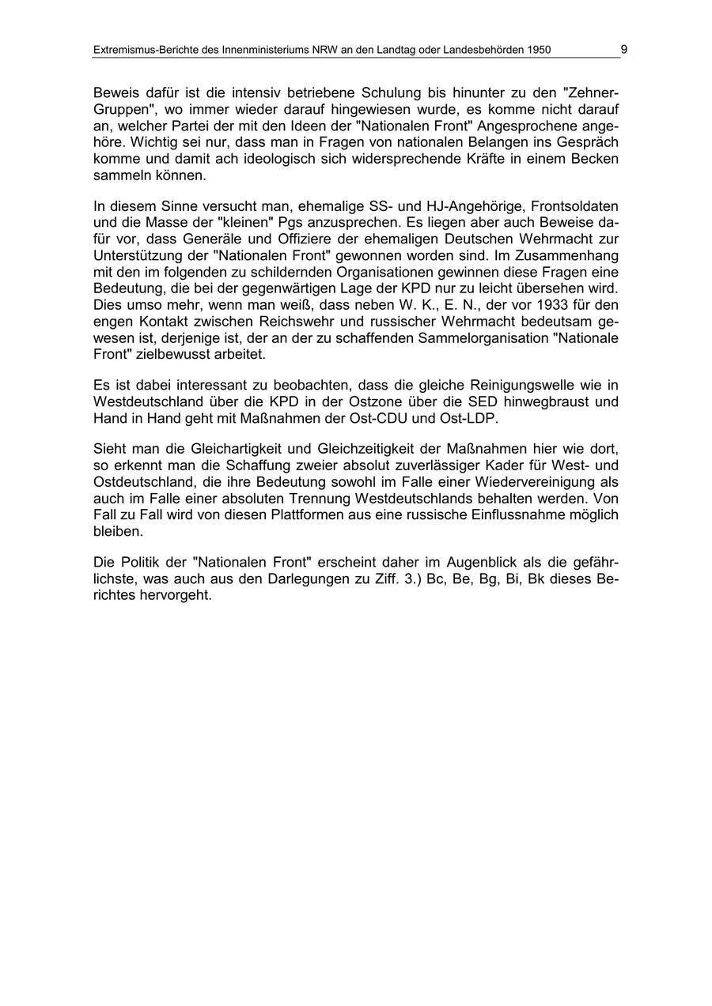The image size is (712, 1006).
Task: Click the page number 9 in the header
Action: click(x=624, y=49)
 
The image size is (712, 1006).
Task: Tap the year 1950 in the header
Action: click(x=538, y=50)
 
